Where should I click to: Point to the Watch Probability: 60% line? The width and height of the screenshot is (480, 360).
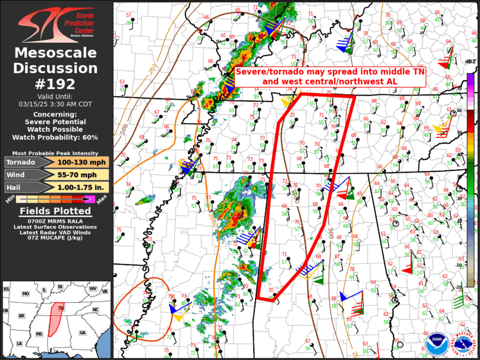(x=56, y=137)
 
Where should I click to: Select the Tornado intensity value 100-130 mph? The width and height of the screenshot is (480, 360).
(x=82, y=162)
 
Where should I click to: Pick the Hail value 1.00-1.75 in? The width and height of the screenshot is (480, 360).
(x=82, y=187)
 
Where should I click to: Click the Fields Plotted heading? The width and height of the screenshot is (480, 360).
(x=56, y=211)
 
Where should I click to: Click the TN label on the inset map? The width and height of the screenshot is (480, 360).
(x=61, y=308)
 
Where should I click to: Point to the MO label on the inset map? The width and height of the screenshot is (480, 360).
(x=25, y=293)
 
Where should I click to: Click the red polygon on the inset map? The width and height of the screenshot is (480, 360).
(x=57, y=318)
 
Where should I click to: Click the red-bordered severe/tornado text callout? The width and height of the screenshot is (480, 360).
(x=330, y=76)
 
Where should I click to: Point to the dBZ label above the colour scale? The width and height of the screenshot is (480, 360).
(x=471, y=61)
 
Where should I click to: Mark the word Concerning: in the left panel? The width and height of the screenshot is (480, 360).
(x=56, y=114)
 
